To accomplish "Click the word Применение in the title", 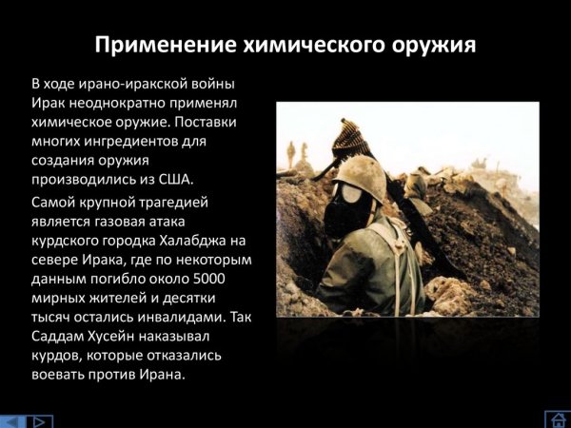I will [159, 45].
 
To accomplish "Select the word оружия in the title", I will [428, 45].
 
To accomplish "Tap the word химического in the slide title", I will [300, 45].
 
